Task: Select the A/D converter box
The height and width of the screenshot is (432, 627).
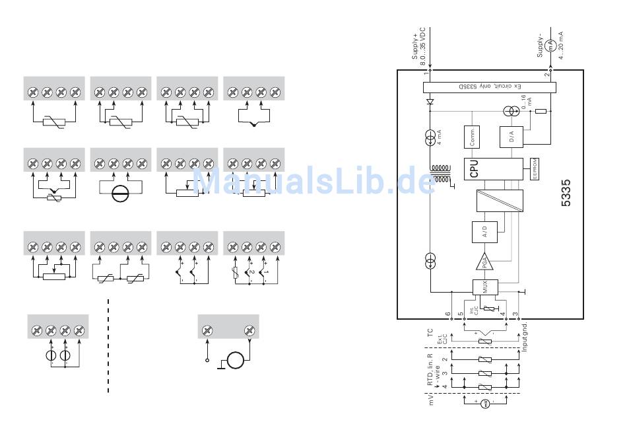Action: (484, 232)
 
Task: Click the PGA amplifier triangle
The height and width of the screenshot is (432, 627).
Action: (484, 263)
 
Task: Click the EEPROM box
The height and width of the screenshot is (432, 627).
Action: (535, 168)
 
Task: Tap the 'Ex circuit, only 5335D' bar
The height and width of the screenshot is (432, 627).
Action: (488, 87)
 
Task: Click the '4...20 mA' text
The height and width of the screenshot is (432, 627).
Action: (560, 45)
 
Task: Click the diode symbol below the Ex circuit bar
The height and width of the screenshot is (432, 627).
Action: (430, 102)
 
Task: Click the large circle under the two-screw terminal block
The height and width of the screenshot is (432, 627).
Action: (235, 361)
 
